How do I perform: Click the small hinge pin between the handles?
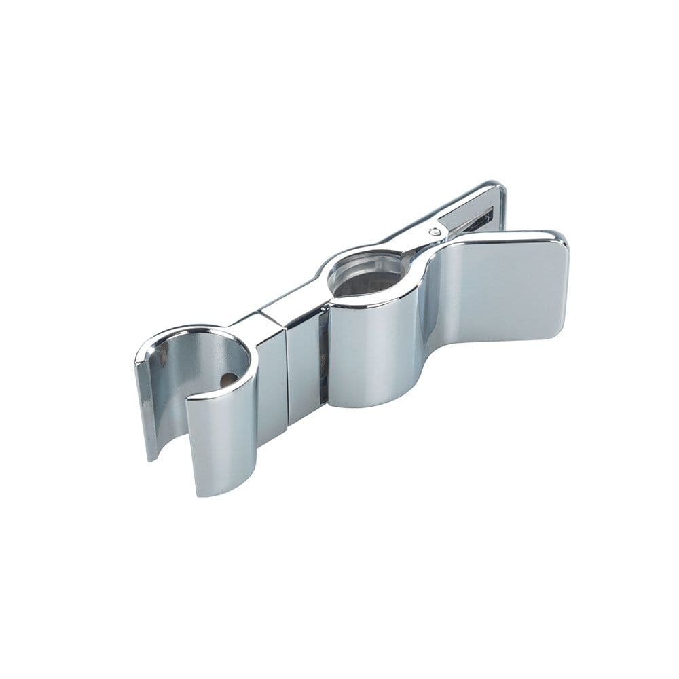click(435, 232)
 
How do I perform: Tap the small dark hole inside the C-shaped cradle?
click(229, 380)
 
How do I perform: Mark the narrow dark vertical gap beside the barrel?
click(324, 363)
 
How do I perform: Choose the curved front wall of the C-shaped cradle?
click(221, 435)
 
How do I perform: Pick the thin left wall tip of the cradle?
click(147, 407)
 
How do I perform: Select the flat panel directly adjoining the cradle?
click(272, 387)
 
